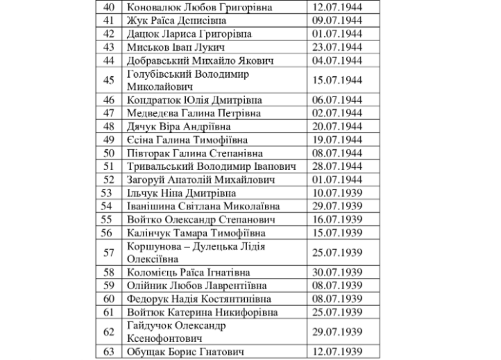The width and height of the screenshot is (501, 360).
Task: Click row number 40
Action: click(108, 8)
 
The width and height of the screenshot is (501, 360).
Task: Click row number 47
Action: click(108, 113)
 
